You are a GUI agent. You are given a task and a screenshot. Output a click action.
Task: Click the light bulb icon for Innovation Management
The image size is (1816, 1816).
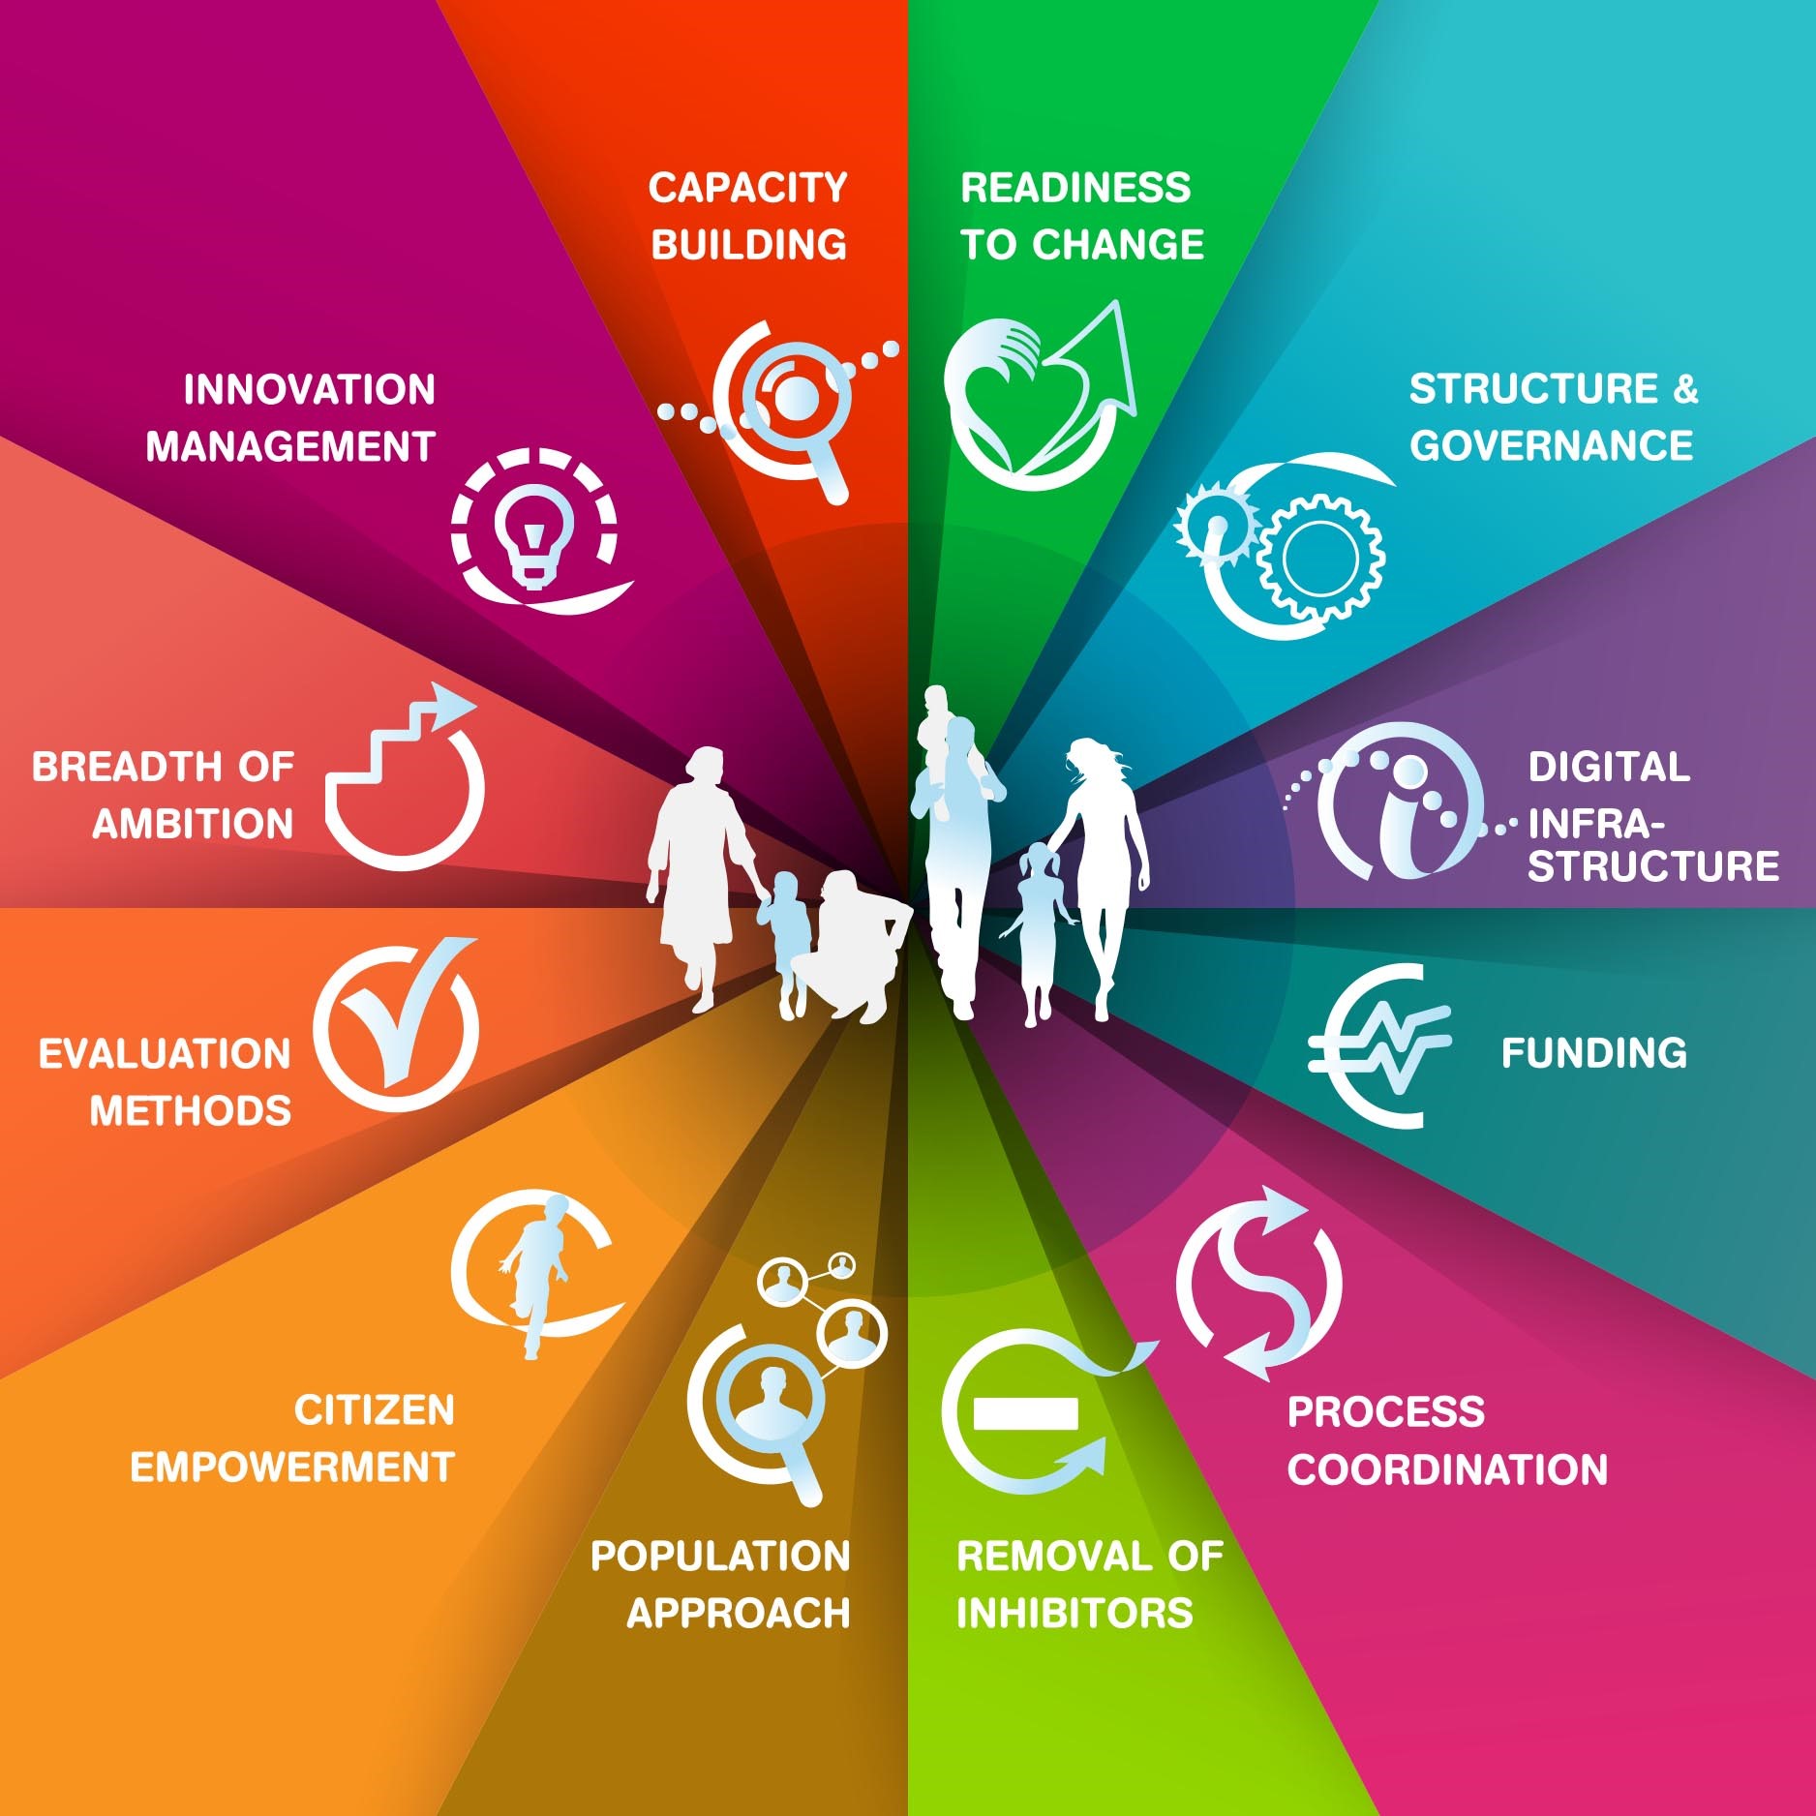pyautogui.click(x=533, y=537)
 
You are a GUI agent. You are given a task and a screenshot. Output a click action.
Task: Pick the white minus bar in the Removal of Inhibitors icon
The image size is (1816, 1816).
pyautogui.click(x=1025, y=1413)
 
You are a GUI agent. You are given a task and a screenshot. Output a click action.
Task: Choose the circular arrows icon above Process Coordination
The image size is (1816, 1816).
pyautogui.click(x=1258, y=1284)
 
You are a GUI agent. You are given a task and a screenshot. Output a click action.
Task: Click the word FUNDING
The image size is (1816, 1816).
pyautogui.click(x=1593, y=1053)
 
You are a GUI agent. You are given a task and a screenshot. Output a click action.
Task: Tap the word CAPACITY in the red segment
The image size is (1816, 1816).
pyautogui.click(x=747, y=188)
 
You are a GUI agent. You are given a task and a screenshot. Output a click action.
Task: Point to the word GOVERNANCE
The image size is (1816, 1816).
pyautogui.click(x=1551, y=445)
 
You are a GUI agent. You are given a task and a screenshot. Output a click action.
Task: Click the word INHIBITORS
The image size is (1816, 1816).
pyautogui.click(x=1074, y=1613)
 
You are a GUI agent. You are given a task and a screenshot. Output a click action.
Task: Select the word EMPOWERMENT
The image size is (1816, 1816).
pyautogui.click(x=292, y=1468)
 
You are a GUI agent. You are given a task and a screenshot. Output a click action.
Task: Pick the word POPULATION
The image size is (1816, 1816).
pyautogui.click(x=720, y=1557)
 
